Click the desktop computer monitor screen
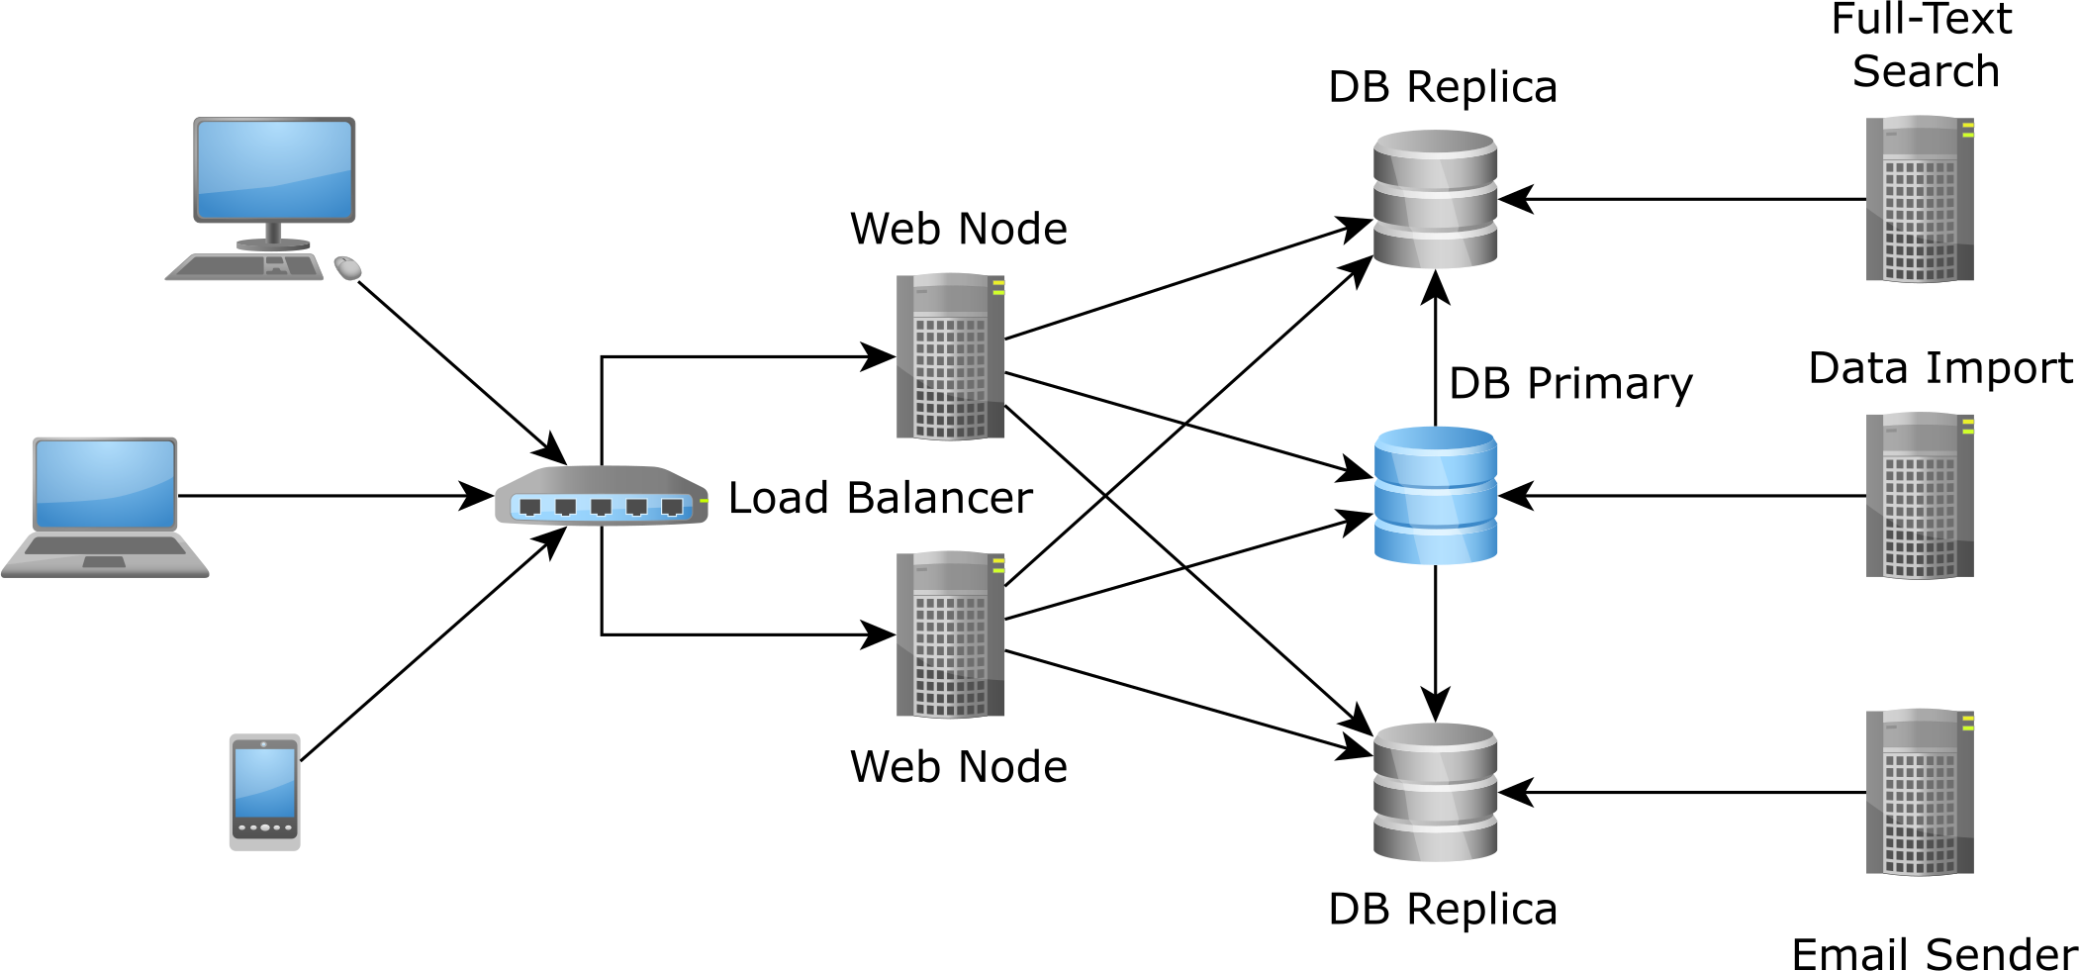[x=274, y=168]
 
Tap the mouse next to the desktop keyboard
[x=347, y=267]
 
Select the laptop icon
[x=105, y=505]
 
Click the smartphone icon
[x=264, y=791]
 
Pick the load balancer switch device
[x=601, y=496]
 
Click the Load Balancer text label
[x=880, y=498]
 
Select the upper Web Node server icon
[x=950, y=357]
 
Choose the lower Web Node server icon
[x=950, y=634]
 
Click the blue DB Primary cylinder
[x=1435, y=495]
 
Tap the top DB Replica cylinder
[x=1435, y=199]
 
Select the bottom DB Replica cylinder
[x=1435, y=792]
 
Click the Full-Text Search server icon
[x=1919, y=199]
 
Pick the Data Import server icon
[x=1919, y=496]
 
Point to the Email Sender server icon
[x=1919, y=792]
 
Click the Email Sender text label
[x=1934, y=954]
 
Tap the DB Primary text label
[x=1570, y=384]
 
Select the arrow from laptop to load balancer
[x=327, y=496]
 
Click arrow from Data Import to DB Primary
[x=1682, y=496]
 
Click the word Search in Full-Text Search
[x=1926, y=71]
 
